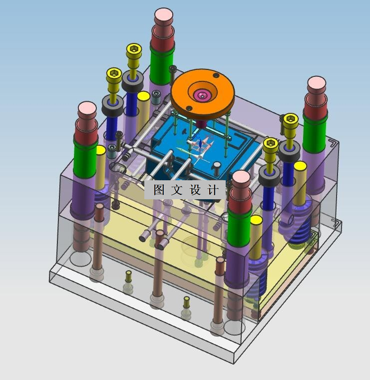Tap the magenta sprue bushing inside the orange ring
coord(202,95)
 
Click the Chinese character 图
coord(159,190)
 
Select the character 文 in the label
coord(177,190)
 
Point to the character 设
coord(195,190)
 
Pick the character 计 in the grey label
coord(213,190)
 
